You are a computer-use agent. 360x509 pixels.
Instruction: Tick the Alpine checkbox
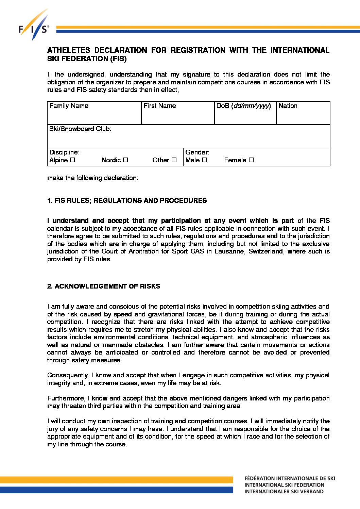pyautogui.click(x=72, y=160)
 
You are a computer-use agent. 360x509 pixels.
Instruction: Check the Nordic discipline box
pyautogui.click(x=125, y=160)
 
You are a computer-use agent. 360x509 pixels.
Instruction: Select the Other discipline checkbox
pyautogui.click(x=174, y=160)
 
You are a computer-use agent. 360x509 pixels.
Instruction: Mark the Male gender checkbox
pyautogui.click(x=205, y=160)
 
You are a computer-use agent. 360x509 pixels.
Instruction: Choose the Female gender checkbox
pyautogui.click(x=251, y=160)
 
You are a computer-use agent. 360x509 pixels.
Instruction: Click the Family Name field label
pyautogui.click(x=69, y=106)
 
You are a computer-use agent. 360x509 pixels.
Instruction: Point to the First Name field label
pyautogui.click(x=160, y=106)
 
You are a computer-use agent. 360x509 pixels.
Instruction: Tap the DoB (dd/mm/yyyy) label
pyautogui.click(x=243, y=106)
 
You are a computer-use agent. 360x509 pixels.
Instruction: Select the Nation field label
pyautogui.click(x=288, y=106)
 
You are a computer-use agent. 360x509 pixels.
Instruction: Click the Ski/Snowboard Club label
pyautogui.click(x=80, y=129)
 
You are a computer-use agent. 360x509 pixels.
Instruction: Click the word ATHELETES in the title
pyautogui.click(x=68, y=50)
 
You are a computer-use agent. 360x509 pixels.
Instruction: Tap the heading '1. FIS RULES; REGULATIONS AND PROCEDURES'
pyautogui.click(x=127, y=200)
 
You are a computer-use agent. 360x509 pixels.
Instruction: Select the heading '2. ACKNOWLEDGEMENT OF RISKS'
pyautogui.click(x=104, y=286)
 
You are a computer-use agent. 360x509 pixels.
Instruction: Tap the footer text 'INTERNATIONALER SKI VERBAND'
pyautogui.click(x=284, y=491)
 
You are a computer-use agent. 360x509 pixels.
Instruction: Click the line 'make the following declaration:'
pyautogui.click(x=93, y=178)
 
